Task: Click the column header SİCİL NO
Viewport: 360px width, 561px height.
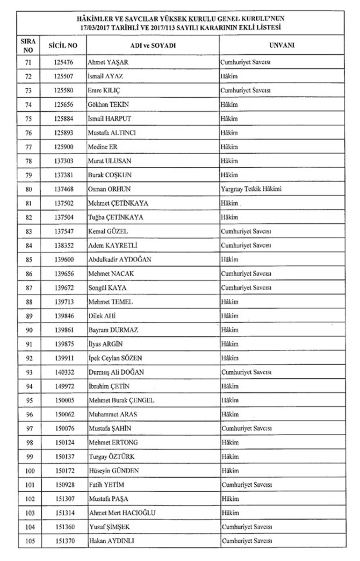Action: pos(63,46)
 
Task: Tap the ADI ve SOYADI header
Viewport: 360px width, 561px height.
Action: pos(153,46)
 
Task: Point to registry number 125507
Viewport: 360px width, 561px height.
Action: pos(63,77)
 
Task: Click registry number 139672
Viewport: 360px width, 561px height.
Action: pos(63,287)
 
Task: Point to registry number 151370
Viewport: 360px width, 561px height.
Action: pos(63,541)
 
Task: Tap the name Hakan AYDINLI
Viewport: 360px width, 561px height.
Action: pos(112,541)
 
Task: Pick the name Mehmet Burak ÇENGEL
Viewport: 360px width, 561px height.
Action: pos(121,400)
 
